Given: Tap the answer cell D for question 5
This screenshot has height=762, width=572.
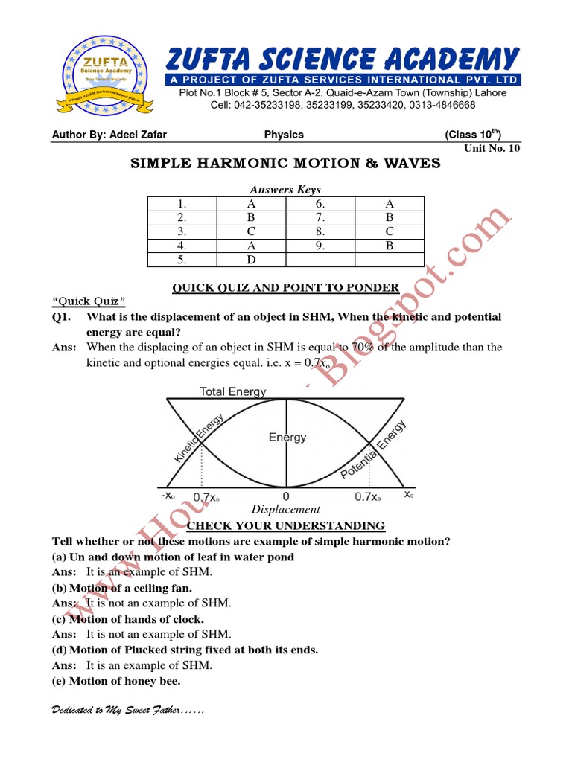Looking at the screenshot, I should pyautogui.click(x=251, y=260).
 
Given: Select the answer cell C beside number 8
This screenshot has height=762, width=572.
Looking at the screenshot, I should pyautogui.click(x=390, y=231).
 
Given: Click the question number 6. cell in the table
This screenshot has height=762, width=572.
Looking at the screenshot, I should pyautogui.click(x=320, y=204).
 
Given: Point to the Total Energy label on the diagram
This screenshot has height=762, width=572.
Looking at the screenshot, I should pyautogui.click(x=232, y=392).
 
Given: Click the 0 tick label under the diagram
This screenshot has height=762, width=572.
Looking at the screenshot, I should pyautogui.click(x=286, y=496).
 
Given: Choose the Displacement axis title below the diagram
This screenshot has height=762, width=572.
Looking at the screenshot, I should pyautogui.click(x=285, y=510).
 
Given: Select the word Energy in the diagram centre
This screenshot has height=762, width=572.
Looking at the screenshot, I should pyautogui.click(x=287, y=438).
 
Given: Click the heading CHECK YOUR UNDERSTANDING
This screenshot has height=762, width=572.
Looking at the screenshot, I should pyautogui.click(x=285, y=526).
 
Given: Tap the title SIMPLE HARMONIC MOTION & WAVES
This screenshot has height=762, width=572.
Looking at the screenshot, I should pyautogui.click(x=285, y=164).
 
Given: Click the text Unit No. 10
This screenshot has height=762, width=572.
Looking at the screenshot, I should pyautogui.click(x=492, y=148).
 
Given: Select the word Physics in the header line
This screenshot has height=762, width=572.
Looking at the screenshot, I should pyautogui.click(x=284, y=135).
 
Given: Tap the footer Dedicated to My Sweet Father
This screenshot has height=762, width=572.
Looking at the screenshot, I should pyautogui.click(x=127, y=711).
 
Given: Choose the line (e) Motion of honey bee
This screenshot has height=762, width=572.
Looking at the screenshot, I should pyautogui.click(x=117, y=682).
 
